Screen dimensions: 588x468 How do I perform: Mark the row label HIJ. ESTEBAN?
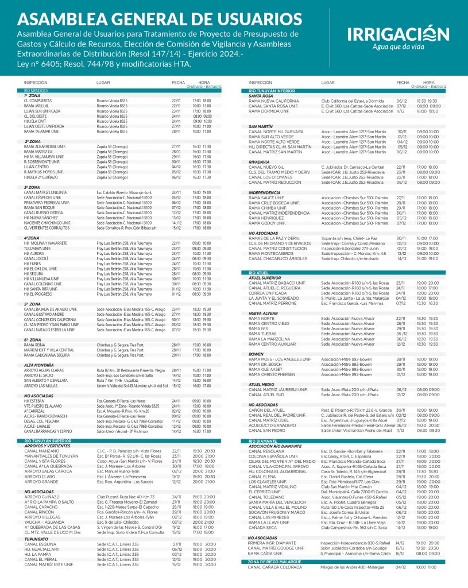pos(34,401)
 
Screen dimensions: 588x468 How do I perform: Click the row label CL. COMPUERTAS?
pos(38,100)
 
